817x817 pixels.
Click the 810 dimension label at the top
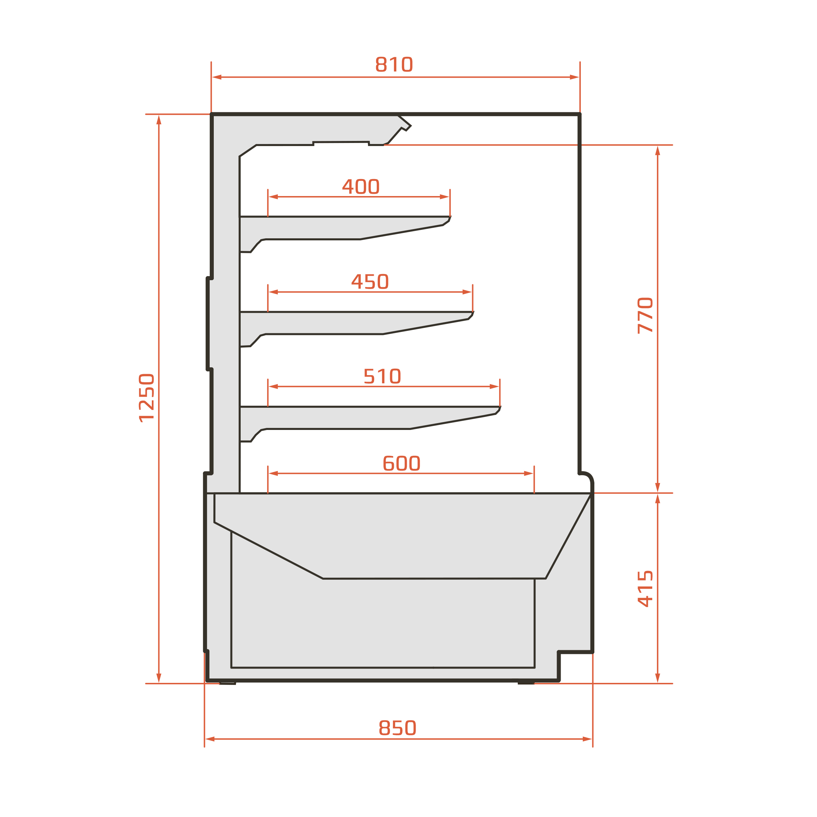(x=394, y=64)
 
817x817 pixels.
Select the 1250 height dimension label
(x=146, y=398)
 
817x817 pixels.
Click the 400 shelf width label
(x=361, y=186)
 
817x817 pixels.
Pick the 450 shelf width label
(x=370, y=281)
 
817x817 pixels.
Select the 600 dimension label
(x=401, y=463)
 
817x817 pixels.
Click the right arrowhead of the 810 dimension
(x=575, y=77)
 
